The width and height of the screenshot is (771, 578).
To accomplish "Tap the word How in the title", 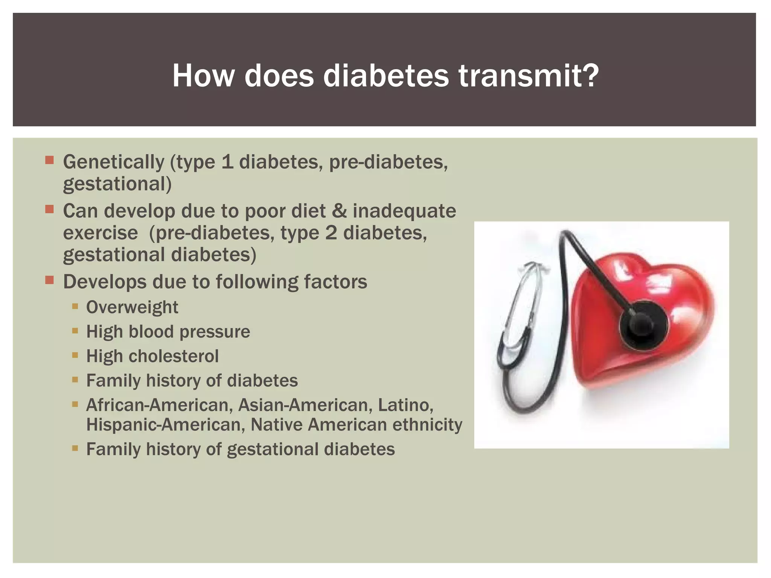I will click(203, 76).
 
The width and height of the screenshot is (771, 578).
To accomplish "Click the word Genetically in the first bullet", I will click(113, 162).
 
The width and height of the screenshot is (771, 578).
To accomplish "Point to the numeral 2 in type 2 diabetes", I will click(331, 233).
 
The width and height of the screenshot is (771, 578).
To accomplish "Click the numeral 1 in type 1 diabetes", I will click(227, 162).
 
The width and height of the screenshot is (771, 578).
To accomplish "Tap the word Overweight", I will click(132, 307).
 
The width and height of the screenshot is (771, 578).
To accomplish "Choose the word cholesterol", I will click(173, 356).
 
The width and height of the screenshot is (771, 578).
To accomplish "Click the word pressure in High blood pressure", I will click(215, 332).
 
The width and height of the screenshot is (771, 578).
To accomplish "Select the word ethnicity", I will click(427, 424).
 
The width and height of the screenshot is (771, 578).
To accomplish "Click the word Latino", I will click(405, 405).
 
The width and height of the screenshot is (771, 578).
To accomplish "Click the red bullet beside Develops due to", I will click(49, 280).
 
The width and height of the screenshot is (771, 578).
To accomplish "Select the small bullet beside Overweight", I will click(75, 306).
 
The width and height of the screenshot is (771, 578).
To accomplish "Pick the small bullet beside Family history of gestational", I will click(75, 448).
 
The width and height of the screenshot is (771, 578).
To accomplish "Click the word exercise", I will click(100, 233).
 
